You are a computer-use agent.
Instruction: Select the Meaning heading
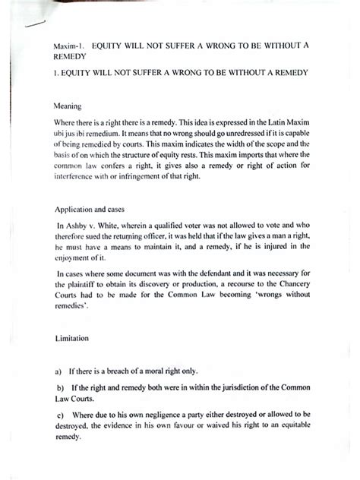pos(65,106)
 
